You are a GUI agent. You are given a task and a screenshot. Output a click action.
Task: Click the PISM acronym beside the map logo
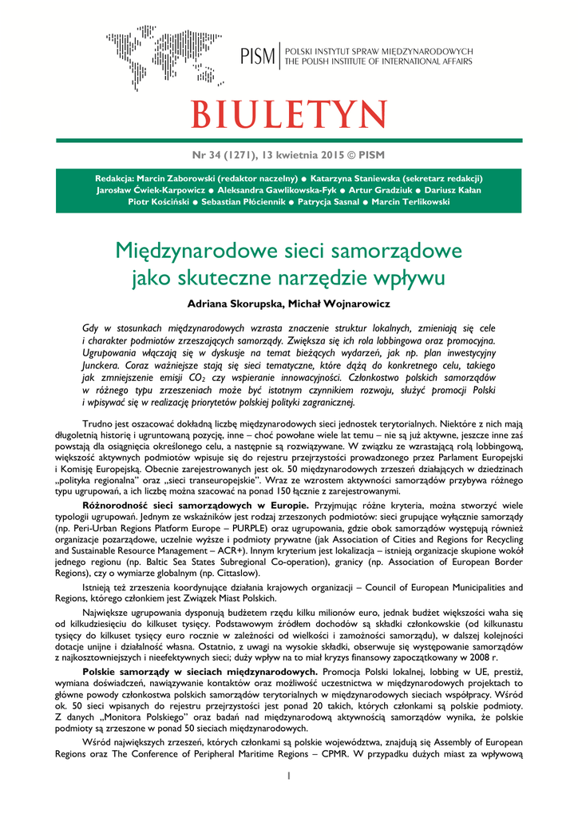pyautogui.click(x=258, y=56)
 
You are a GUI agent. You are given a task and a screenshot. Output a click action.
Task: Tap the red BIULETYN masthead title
pyautogui.click(x=288, y=114)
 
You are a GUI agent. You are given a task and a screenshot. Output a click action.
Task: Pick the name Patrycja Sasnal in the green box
pyautogui.click(x=327, y=202)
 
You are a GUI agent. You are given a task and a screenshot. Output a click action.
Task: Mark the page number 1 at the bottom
pyautogui.click(x=288, y=776)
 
